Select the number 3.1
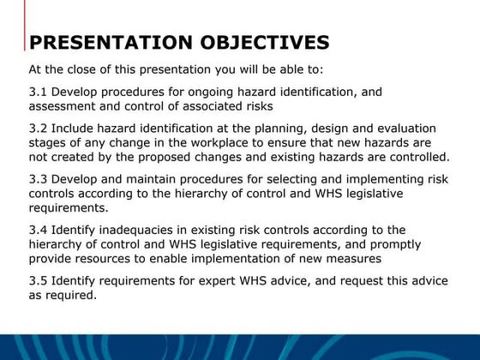(x=39, y=91)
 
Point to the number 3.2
(x=39, y=128)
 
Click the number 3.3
(x=39, y=178)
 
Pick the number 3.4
(x=39, y=230)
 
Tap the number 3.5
(x=39, y=281)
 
